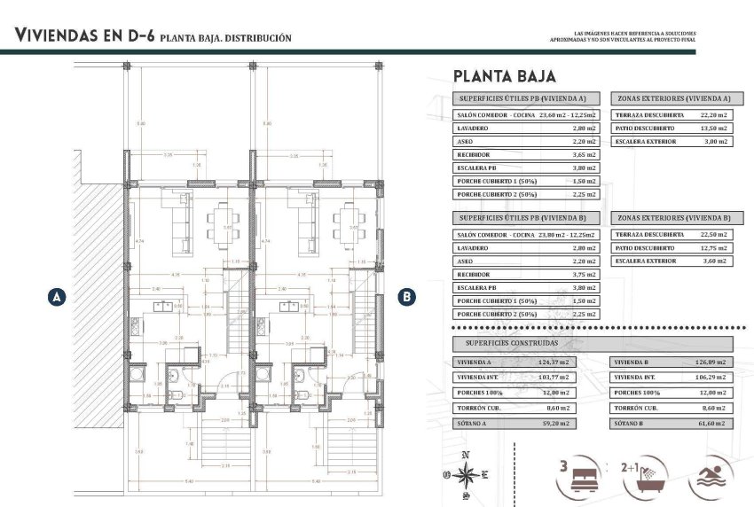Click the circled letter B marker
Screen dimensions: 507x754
pos(406,298)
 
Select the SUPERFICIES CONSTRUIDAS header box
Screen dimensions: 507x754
pos(593,342)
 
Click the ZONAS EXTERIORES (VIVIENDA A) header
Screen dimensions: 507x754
pos(673,98)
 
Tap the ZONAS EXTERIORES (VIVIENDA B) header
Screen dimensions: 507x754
pos(673,217)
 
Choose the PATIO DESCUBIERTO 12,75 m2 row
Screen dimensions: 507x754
pos(673,248)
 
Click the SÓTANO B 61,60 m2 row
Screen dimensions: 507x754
pos(672,424)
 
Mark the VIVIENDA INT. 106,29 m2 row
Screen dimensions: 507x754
pos(672,378)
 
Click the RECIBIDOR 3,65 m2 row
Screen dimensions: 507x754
pos(526,154)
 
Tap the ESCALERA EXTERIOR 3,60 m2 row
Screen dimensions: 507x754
pos(673,261)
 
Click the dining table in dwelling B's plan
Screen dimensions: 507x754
pos(344,226)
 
